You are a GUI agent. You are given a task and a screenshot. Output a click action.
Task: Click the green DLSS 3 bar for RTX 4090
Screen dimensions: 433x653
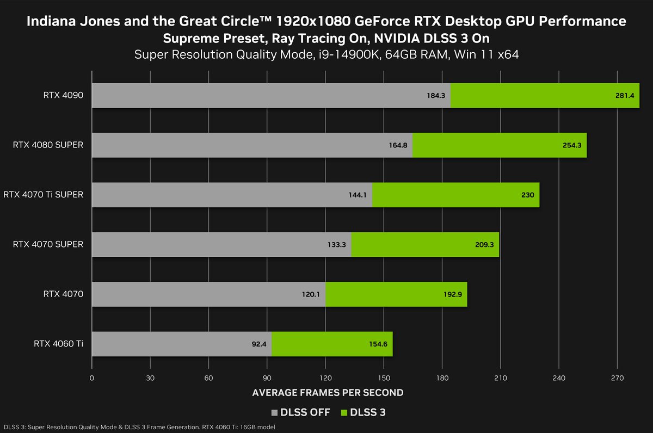(544, 96)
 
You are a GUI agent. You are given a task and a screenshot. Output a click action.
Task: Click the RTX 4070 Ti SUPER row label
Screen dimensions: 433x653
(44, 194)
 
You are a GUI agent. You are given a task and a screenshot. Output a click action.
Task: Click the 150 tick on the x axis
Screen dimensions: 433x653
(384, 378)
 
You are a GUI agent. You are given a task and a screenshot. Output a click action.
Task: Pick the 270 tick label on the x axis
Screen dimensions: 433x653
(617, 378)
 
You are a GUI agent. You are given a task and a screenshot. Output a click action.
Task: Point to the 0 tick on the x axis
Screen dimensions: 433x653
(92, 378)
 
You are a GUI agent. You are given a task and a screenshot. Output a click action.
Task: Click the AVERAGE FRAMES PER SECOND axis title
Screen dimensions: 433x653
(329, 392)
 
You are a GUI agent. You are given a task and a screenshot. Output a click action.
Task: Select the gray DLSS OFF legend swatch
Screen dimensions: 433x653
(274, 412)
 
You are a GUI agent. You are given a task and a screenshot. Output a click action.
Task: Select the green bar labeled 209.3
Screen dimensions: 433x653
(424, 245)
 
